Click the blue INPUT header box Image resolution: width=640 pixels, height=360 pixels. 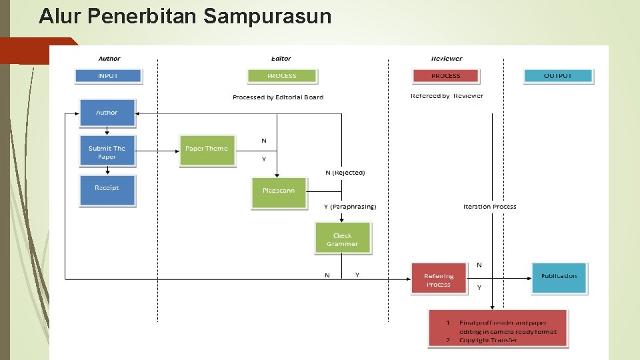108,76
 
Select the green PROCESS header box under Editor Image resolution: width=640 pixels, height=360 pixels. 281,76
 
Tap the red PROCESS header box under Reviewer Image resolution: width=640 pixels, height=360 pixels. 446,76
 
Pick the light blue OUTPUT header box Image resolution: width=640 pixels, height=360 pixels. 558,76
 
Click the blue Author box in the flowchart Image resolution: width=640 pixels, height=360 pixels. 107,113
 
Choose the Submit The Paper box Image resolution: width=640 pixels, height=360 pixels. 107,152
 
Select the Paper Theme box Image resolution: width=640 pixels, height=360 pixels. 207,149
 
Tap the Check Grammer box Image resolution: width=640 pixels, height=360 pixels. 342,239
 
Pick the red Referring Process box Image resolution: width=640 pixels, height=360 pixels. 439,280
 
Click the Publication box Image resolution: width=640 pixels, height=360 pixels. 559,277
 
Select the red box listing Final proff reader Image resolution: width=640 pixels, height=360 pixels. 498,328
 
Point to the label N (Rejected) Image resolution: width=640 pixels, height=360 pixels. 345,173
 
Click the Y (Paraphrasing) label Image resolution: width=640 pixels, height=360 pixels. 350,207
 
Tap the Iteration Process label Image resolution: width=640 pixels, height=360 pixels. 490,207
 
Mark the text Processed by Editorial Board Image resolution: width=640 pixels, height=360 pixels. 278,97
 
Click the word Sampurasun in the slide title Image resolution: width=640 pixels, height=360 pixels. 267,16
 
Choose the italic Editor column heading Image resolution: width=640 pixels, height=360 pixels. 281,59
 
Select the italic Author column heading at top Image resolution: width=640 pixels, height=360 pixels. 109,59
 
